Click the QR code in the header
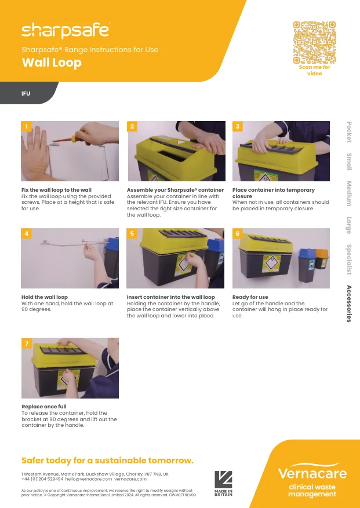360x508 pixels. tap(314, 42)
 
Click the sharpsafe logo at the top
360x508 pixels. tap(65, 30)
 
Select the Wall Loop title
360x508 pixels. tap(52, 63)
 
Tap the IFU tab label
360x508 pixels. tap(26, 93)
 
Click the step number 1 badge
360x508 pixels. tap(26, 126)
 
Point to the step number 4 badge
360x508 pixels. tap(26, 233)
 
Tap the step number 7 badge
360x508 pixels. tap(26, 343)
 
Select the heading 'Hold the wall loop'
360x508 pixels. tap(45, 297)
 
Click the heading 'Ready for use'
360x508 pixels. tap(250, 297)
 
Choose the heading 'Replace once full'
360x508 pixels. tap(44, 407)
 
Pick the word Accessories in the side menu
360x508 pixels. tap(349, 304)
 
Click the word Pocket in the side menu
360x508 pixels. tap(349, 132)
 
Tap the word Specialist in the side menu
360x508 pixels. tap(349, 259)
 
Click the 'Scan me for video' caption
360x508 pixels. tap(314, 70)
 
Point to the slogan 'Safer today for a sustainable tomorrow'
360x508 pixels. tap(107, 461)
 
